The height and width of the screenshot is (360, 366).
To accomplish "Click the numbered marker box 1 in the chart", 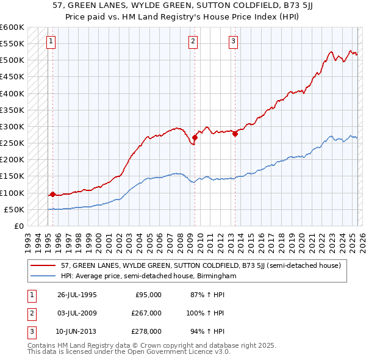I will point(50,41).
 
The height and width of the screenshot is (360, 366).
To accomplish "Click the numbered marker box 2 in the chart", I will point(193,41).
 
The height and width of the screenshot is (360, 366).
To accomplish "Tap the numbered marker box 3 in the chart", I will point(234,41).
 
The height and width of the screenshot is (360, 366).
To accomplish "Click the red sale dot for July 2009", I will point(195,137).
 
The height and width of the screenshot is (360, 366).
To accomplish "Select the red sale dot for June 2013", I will point(235,134).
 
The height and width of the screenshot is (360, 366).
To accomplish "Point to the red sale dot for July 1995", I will point(52,195).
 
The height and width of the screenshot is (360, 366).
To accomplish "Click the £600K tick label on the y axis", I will point(12,27).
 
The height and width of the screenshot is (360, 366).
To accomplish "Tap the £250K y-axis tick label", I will point(12,143).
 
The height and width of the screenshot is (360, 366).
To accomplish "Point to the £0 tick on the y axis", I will point(20,226).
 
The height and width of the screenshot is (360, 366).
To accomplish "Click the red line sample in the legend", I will point(43,265).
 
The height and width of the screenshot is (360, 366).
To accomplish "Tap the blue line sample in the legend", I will point(43,276).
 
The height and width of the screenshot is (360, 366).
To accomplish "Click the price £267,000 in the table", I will point(147,313).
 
